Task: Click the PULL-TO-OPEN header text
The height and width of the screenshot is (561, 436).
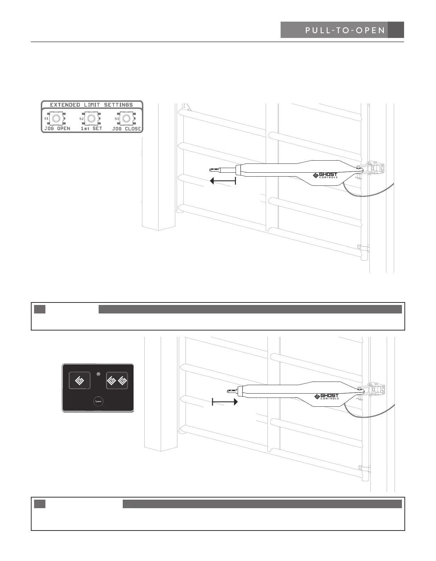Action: [345, 30]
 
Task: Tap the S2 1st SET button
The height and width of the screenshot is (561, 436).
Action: [91, 118]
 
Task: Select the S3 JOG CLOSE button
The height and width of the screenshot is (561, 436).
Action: [126, 118]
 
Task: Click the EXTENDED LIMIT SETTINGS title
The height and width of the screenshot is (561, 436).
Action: [92, 105]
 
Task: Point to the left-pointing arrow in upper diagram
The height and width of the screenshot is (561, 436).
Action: [223, 181]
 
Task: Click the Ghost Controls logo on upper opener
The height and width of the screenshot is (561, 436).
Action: [325, 175]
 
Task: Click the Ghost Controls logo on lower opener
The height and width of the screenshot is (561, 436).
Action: [326, 396]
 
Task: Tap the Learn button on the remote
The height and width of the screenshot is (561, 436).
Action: [98, 401]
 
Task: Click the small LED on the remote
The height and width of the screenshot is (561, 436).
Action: [99, 374]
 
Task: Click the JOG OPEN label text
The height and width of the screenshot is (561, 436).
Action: [57, 129]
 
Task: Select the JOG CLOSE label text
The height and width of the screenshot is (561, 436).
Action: [127, 129]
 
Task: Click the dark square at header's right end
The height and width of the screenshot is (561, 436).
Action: [396, 30]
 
